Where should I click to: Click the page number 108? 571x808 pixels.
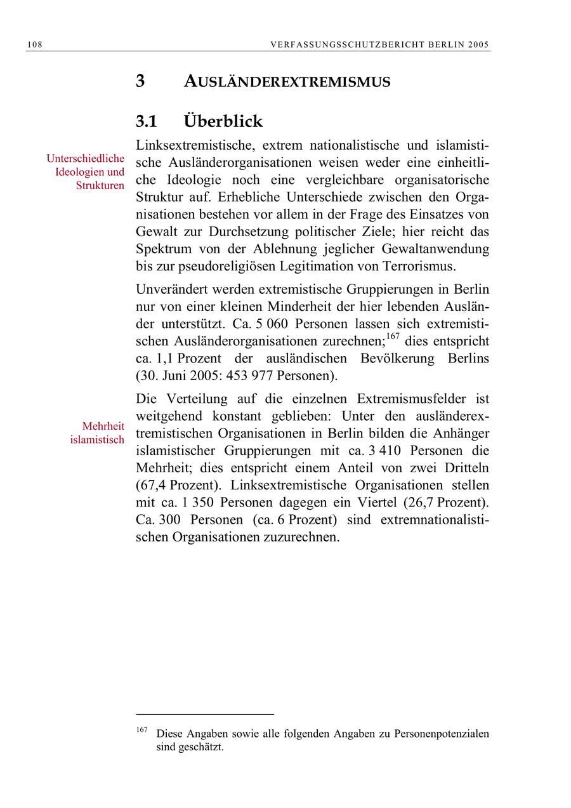pyautogui.click(x=34, y=44)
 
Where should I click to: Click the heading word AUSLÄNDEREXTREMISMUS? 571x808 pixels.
pyautogui.click(x=287, y=82)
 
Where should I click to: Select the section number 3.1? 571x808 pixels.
pyautogui.click(x=147, y=121)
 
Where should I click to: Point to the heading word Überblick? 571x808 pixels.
pyautogui.click(x=223, y=121)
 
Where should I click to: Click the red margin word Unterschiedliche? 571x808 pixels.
pyautogui.click(x=86, y=158)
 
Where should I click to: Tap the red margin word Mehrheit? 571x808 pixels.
pyautogui.click(x=103, y=426)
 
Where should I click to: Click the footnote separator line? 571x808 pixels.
pyautogui.click(x=205, y=714)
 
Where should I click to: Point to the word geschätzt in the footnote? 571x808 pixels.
pyautogui.click(x=200, y=747)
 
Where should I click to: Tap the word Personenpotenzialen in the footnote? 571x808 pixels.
pyautogui.click(x=442, y=734)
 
